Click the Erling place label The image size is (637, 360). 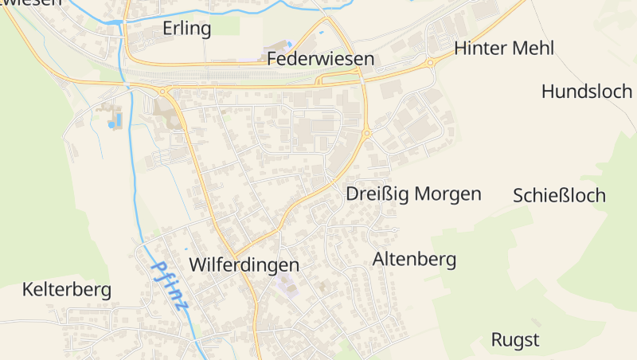(186, 29)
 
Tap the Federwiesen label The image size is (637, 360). (320, 59)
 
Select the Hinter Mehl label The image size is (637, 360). (503, 48)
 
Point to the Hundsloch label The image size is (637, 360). (586, 91)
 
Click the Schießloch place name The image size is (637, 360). (559, 195)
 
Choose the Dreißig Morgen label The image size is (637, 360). (413, 194)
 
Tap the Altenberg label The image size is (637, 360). (414, 259)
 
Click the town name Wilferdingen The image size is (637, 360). (244, 264)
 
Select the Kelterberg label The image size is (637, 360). (66, 289)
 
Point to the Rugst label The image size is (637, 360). (514, 340)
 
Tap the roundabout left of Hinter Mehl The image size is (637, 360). (430, 62)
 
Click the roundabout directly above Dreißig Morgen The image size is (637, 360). (367, 134)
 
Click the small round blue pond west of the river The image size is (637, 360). (111, 125)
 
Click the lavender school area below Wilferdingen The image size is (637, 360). (285, 284)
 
